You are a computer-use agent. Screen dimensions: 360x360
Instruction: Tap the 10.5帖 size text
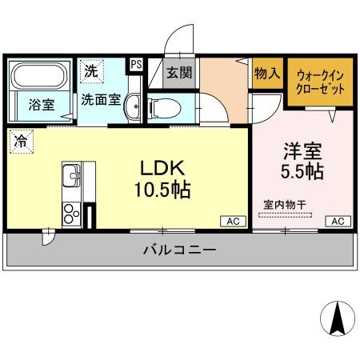tap(164, 191)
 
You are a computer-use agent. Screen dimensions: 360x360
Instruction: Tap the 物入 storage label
tap(266, 74)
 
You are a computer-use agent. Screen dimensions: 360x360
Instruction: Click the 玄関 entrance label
tap(178, 73)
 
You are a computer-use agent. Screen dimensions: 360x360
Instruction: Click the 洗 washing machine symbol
tap(92, 70)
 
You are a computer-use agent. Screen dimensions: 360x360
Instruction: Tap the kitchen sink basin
tap(70, 173)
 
